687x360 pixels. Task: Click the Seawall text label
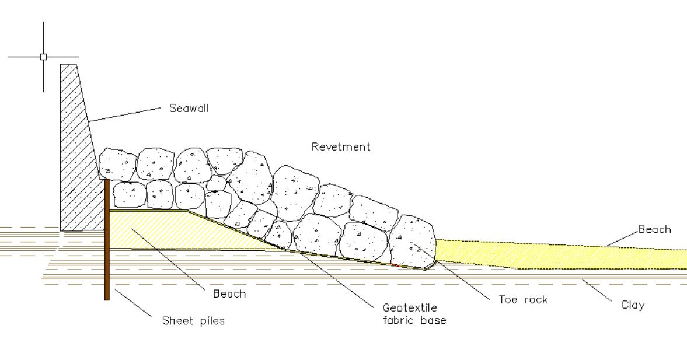click(189, 108)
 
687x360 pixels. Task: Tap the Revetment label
click(340, 146)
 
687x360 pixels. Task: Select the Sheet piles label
click(193, 321)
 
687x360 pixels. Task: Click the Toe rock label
click(523, 300)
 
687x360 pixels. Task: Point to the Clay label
click(633, 305)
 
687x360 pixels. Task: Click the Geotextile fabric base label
click(414, 313)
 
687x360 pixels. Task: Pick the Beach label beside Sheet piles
click(229, 294)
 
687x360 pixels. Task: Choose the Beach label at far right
click(654, 229)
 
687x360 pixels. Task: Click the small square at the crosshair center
click(43, 57)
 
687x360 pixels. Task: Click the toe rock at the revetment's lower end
click(413, 242)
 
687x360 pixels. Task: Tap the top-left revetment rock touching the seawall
click(117, 164)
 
